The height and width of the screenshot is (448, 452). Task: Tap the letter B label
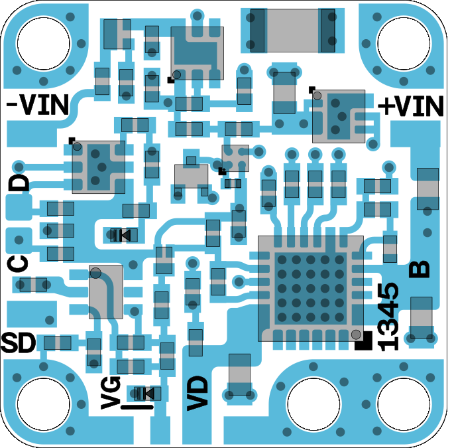[x=419, y=269]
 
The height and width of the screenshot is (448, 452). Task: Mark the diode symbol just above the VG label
[x=144, y=394]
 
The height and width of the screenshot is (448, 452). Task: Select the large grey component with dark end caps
[x=292, y=31]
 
